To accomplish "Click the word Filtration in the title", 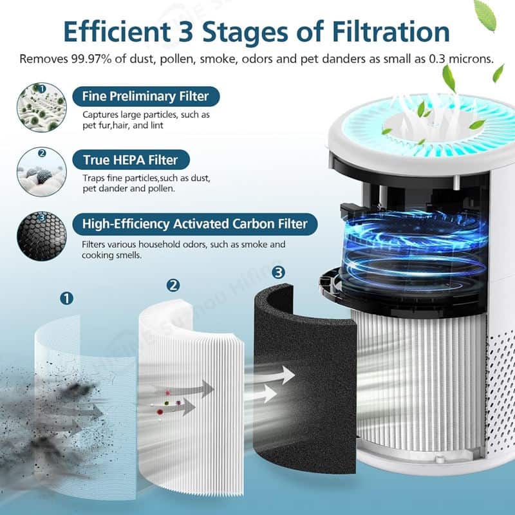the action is pyautogui.click(x=391, y=32).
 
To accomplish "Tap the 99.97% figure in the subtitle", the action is pyautogui.click(x=90, y=59).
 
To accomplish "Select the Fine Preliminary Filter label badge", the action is pyautogui.click(x=146, y=96).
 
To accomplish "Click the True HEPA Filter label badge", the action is pyautogui.click(x=131, y=160).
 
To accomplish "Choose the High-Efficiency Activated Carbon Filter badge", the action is pyautogui.click(x=195, y=224).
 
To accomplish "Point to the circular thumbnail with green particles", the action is pyautogui.click(x=42, y=108).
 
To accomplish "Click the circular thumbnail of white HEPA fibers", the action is pyautogui.click(x=42, y=172).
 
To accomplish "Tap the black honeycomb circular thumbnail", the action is pyautogui.click(x=42, y=236).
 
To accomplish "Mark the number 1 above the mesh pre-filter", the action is pyautogui.click(x=67, y=299).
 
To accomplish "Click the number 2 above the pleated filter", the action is pyautogui.click(x=173, y=285).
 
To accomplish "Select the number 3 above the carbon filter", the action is pyautogui.click(x=279, y=272).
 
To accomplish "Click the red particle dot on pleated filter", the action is pyautogui.click(x=160, y=411).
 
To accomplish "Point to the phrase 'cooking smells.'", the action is pyautogui.click(x=111, y=255).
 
